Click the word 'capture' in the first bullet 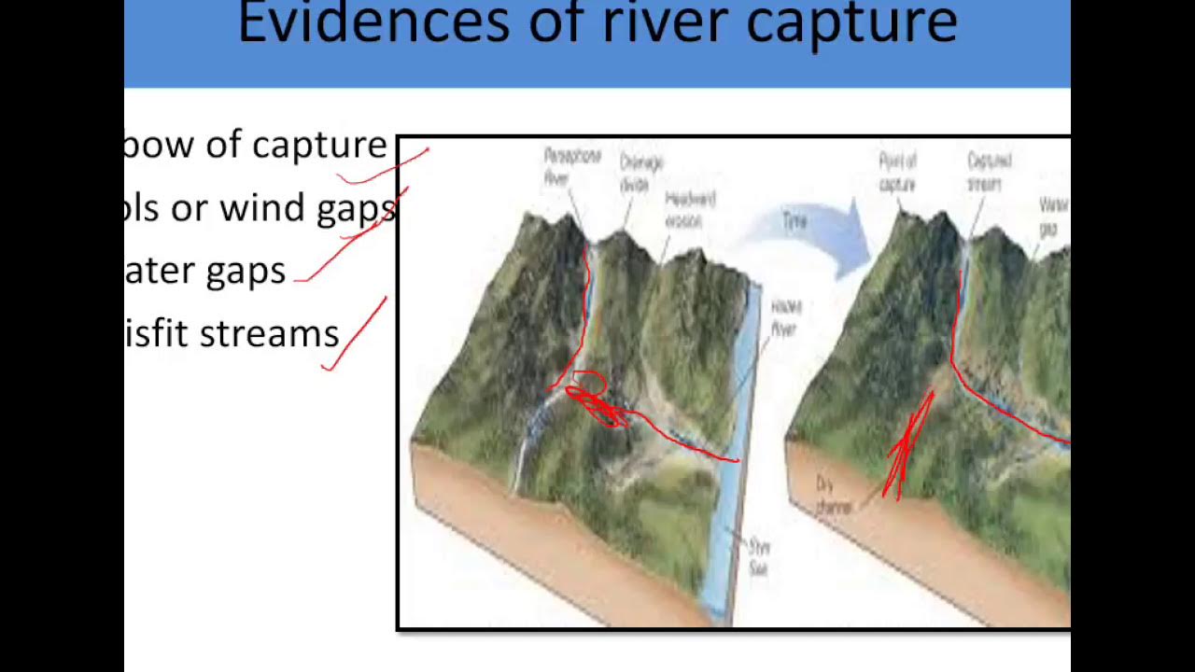coord(318,145)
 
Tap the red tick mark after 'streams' coord(356,333)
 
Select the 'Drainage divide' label coord(641,173)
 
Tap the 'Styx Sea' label coord(758,557)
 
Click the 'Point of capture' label coord(897,173)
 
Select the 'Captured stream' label coord(989,172)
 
